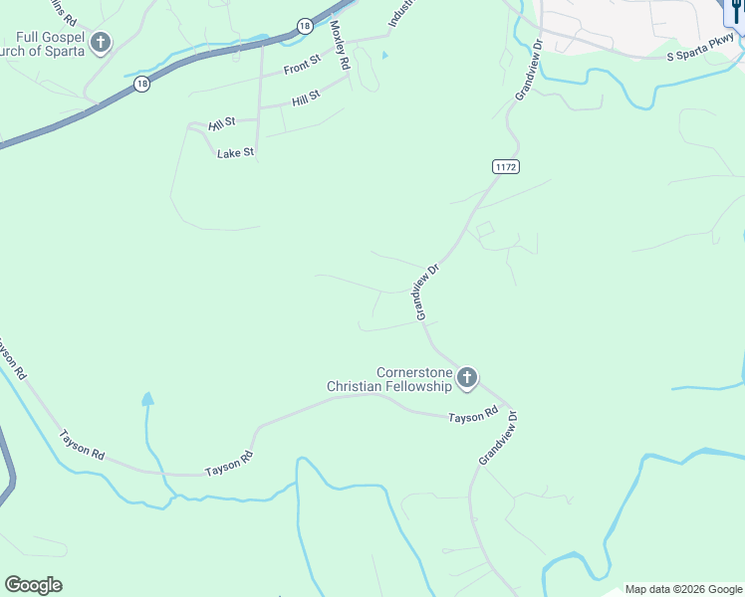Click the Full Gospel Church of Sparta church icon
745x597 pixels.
click(101, 43)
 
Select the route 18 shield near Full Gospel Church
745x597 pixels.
click(142, 86)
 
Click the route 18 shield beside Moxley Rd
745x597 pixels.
click(305, 27)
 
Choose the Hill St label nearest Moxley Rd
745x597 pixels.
click(306, 98)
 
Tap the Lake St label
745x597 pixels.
click(237, 152)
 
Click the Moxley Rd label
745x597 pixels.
click(341, 45)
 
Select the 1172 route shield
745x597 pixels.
click(506, 167)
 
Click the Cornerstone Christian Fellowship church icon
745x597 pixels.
click(467, 377)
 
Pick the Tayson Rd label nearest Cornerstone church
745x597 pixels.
click(472, 416)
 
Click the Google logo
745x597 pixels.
click(33, 585)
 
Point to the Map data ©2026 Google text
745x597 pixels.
click(683, 589)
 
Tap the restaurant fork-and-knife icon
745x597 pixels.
click(735, 12)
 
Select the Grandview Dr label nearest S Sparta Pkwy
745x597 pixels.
click(527, 69)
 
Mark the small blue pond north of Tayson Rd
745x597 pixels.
click(147, 400)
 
